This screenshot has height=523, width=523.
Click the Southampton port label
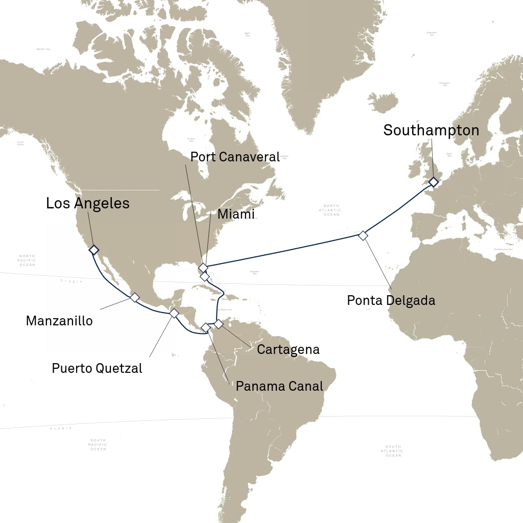(431, 130)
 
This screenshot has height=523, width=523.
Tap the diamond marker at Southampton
(434, 182)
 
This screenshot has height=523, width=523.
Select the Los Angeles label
(88, 203)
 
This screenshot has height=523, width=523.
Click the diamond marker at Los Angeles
(93, 250)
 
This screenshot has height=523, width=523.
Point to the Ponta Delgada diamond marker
(363, 235)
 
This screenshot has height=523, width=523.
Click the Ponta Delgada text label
(391, 300)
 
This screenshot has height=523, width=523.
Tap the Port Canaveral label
(235, 157)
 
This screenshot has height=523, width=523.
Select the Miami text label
(236, 215)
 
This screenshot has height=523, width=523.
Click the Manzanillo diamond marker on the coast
(135, 297)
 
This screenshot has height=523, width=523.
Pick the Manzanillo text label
(59, 321)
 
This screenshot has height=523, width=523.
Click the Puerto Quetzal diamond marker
(174, 313)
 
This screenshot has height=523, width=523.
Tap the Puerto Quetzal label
(97, 368)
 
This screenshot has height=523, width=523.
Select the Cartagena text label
(288, 350)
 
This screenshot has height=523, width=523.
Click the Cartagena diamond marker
(219, 324)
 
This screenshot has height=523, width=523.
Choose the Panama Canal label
(279, 386)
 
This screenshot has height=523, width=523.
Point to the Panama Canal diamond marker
(205, 327)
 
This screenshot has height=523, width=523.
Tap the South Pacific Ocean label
(98, 444)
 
